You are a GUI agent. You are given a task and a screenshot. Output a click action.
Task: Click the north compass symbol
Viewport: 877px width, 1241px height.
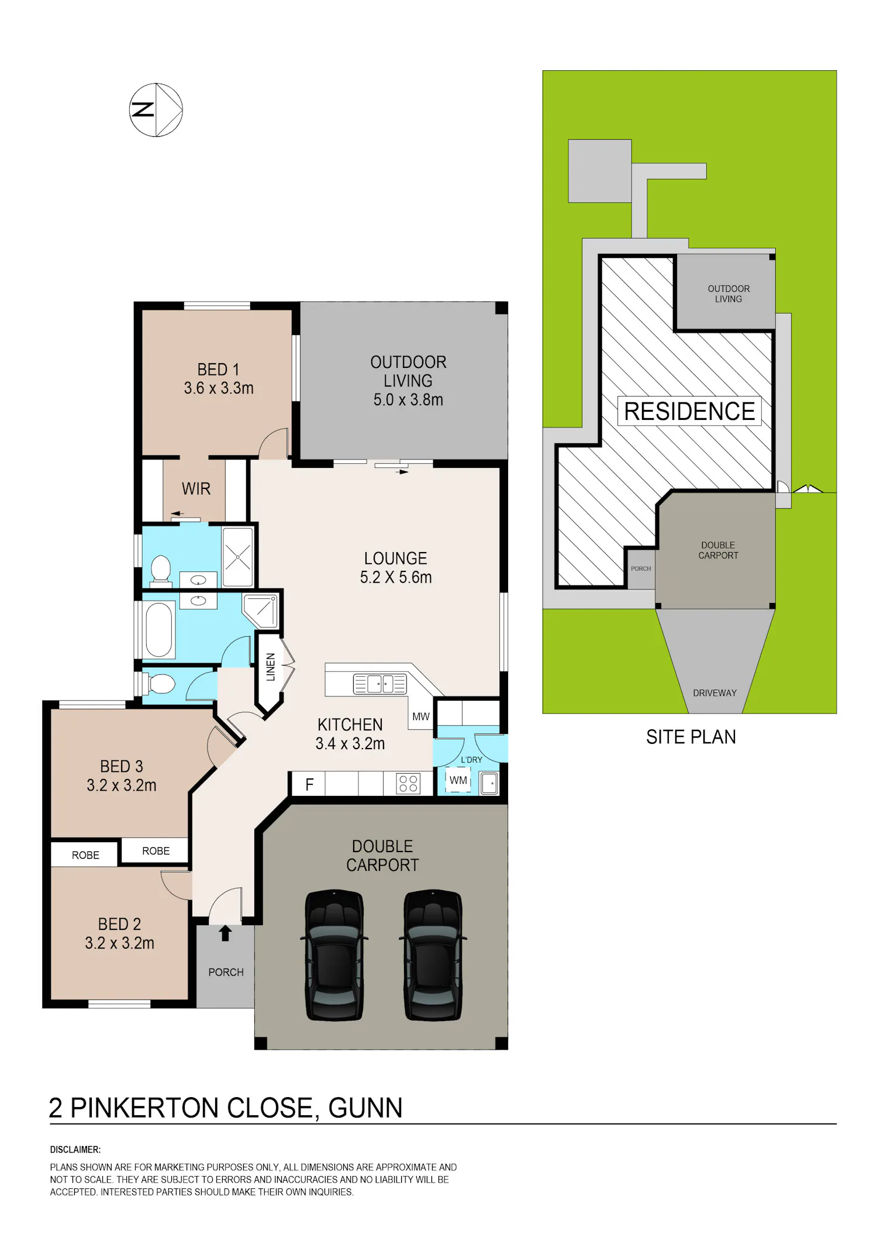pos(156,110)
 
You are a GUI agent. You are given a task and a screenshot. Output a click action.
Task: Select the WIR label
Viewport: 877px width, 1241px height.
pos(196,489)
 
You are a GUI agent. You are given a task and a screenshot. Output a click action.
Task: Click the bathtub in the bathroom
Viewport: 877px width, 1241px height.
pos(159,630)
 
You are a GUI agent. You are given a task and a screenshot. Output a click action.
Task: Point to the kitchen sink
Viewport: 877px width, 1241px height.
pos(379,684)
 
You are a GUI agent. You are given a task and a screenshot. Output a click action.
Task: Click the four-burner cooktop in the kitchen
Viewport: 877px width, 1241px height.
pos(408,784)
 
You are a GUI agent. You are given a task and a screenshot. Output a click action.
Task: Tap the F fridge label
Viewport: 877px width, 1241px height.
pos(309,784)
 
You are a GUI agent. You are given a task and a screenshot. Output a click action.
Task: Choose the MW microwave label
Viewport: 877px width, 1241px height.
pos(421,716)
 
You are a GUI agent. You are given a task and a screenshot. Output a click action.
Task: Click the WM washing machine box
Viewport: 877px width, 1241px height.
pos(458,780)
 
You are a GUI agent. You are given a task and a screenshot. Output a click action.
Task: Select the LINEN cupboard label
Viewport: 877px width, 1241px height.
pos(271,667)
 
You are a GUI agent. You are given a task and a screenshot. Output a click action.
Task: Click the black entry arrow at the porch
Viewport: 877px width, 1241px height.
pos(225,933)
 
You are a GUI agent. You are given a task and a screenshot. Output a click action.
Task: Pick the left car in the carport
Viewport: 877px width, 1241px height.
pos(334,955)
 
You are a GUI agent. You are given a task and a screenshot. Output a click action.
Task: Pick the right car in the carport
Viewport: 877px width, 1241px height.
pos(433,955)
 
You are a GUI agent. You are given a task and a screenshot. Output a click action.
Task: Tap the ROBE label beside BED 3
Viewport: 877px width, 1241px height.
pos(156,851)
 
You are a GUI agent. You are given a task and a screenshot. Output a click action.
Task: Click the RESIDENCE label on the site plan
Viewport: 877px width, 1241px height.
pos(689,411)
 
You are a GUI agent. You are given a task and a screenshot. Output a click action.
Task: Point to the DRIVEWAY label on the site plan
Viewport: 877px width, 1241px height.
pos(714,693)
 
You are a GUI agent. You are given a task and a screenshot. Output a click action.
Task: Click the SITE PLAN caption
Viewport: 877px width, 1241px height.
pos(691,737)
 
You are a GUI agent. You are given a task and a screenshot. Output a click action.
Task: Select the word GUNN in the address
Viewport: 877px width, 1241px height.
pos(365,1108)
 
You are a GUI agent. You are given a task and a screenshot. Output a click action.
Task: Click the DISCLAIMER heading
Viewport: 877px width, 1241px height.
pos(75,1149)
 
